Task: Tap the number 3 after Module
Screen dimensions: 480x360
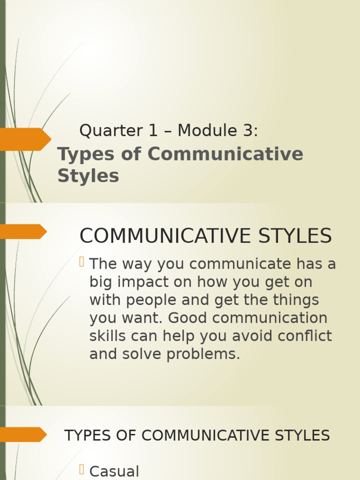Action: click(x=248, y=131)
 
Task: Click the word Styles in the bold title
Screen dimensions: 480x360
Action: click(x=88, y=176)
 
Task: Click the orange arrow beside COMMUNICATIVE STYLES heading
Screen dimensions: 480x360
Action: click(x=23, y=232)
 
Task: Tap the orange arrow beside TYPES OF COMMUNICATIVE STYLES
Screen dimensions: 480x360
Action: click(x=23, y=435)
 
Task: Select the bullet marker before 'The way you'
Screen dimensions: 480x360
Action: click(x=82, y=262)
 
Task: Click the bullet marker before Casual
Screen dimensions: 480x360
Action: click(x=82, y=469)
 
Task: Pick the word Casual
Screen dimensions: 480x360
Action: click(x=114, y=472)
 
